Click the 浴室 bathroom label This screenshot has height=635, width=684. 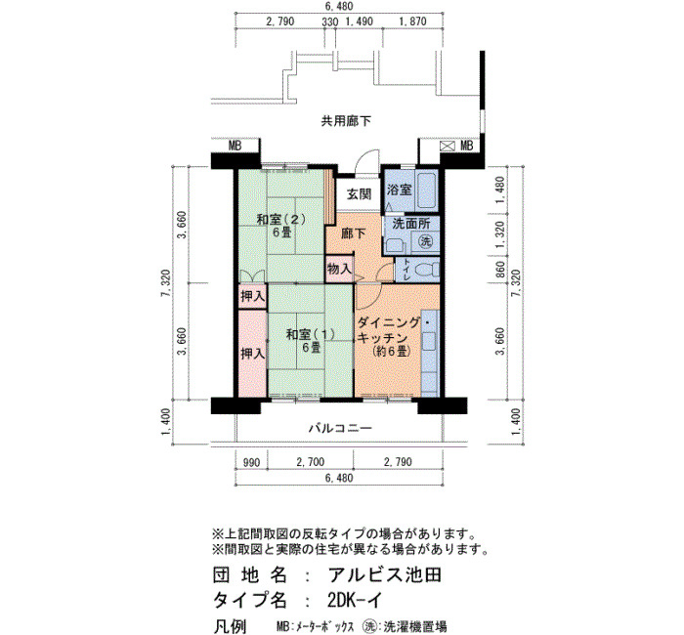[399, 190]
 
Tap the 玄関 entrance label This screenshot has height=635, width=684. [359, 194]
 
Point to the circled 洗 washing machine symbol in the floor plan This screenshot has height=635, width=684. [426, 241]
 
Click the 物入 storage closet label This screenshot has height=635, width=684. [339, 269]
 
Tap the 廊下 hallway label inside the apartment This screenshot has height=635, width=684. [353, 233]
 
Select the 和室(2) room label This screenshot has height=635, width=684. [280, 220]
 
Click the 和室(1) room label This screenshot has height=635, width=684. [310, 334]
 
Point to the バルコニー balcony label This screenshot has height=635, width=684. [340, 428]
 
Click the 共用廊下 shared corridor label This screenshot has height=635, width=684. [346, 121]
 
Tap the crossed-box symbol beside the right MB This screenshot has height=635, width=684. [448, 147]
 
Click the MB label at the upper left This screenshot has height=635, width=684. [235, 147]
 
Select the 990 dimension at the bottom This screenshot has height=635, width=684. [251, 462]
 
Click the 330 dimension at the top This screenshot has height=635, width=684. [330, 21]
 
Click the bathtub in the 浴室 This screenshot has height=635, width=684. [427, 191]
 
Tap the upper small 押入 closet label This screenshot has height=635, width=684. [252, 297]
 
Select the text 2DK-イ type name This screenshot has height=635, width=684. [354, 601]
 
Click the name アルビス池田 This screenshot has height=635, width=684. [385, 575]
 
